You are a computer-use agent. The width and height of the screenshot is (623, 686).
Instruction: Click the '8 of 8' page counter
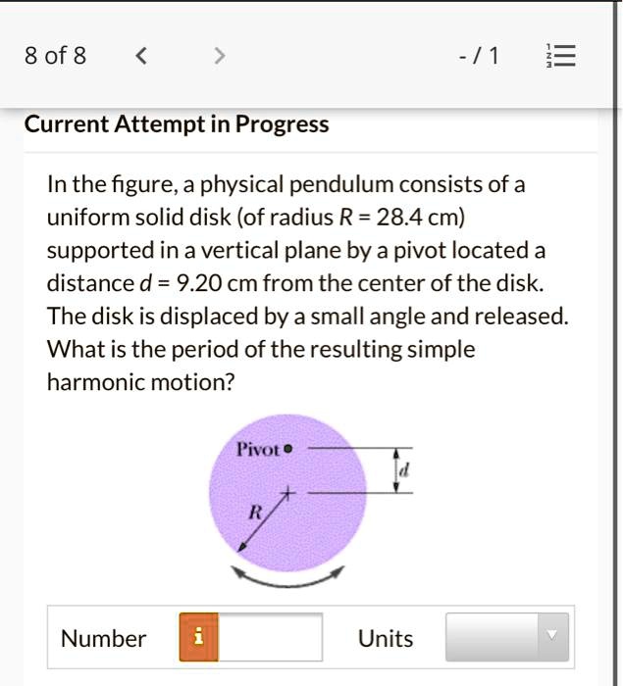[x=55, y=57]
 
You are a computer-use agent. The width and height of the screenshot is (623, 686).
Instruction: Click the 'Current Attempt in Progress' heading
[x=176, y=125]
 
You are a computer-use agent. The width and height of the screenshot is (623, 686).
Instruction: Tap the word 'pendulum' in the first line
[x=326, y=184]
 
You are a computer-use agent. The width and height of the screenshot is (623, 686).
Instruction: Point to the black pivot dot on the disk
[x=289, y=451]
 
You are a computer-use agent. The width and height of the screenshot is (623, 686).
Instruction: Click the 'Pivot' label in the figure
[x=258, y=451]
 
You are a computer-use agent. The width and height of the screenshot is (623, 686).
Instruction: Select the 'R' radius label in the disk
[x=255, y=512]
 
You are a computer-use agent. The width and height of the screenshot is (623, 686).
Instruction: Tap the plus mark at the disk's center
[x=288, y=491]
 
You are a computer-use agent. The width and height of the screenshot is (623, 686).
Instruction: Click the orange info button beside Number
[x=198, y=638]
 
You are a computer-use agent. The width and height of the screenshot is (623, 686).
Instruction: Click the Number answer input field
[x=270, y=638]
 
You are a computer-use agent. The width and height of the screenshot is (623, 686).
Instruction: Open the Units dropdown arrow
[x=551, y=637]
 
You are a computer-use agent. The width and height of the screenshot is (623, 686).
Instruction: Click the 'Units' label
[x=386, y=639]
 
